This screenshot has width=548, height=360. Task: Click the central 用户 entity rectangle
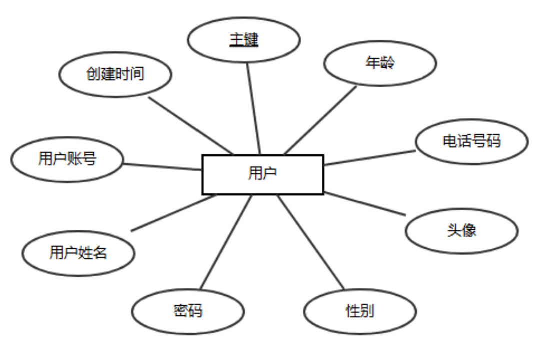point(262,174)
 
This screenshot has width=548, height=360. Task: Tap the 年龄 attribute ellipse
point(380,63)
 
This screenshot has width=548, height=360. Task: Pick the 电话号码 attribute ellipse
point(471,141)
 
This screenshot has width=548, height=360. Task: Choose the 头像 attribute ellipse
point(461,230)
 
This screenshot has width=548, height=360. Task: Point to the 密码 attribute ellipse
point(188,311)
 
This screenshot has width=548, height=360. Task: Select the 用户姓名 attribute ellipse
point(78,253)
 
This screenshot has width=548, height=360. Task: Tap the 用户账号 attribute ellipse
point(67,159)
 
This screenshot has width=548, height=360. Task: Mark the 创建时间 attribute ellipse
point(115,74)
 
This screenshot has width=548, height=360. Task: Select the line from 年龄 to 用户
point(320,120)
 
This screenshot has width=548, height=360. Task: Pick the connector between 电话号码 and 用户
point(369,157)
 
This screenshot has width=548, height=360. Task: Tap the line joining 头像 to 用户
point(364,204)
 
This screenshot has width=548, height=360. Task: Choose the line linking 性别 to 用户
point(311,242)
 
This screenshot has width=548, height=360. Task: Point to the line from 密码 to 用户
point(226,242)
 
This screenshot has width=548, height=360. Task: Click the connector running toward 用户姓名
point(173,213)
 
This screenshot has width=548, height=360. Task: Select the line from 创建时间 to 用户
point(191,125)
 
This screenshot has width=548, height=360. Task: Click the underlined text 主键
point(244,40)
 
